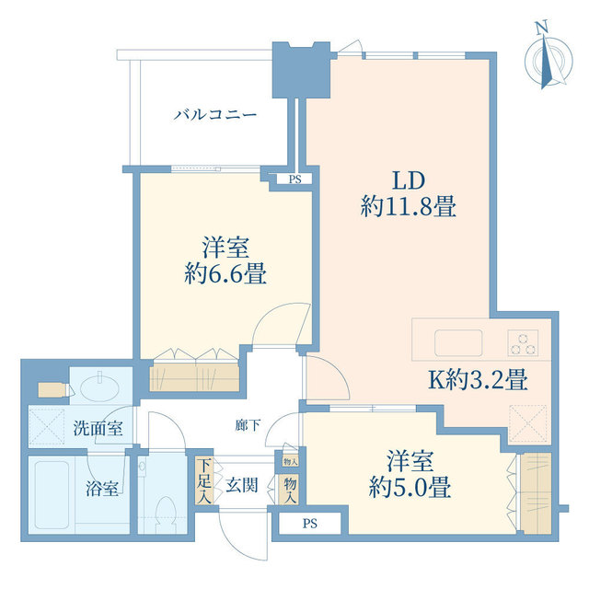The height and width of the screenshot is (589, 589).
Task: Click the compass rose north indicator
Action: coord(549,56)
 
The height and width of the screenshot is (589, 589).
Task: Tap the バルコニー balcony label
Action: coord(215,114)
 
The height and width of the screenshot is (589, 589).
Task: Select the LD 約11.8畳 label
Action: coord(409,193)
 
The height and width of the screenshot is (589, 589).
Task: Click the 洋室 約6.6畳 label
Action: coord(225,260)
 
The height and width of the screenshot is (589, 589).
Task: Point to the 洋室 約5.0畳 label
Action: coord(410,474)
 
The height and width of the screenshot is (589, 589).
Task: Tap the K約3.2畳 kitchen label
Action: coord(479,379)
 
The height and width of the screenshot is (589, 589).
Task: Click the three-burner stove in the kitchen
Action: coord(523,342)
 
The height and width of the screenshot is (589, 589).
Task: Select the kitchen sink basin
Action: coord(458,342)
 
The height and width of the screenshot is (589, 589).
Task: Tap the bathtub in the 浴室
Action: coord(52,495)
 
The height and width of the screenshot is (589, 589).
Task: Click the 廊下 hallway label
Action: coord(248,425)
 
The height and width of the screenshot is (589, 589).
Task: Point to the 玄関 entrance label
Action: coord(242,486)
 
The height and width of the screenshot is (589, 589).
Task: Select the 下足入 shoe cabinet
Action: coord(204,480)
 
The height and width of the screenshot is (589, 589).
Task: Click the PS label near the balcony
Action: coord(295,179)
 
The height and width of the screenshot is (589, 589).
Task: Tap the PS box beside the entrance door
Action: coord(310,524)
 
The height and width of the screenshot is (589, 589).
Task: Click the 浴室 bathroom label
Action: coord(102,489)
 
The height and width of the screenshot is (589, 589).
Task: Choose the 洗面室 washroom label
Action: coord(98,428)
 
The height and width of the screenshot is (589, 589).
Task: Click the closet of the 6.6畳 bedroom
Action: coord(194,376)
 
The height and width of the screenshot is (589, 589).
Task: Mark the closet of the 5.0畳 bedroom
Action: coord(537,493)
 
